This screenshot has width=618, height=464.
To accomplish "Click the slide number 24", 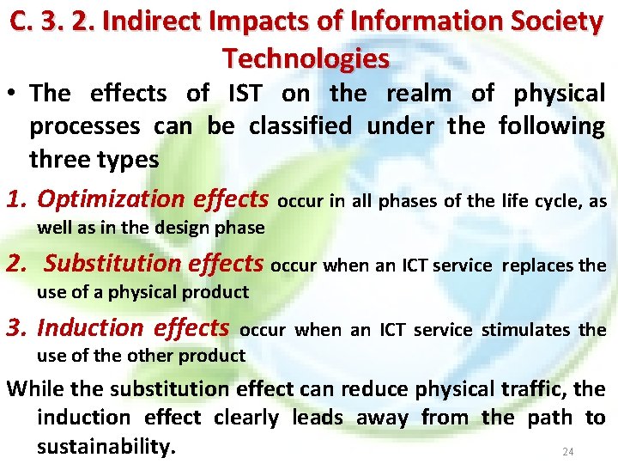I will coord(566,451).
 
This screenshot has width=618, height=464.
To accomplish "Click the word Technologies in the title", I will coord(306,58).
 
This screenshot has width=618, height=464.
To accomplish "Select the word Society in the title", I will coord(558,21).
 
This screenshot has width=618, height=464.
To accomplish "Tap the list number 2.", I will coord(17,264).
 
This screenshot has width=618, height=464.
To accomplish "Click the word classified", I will coord(300,126).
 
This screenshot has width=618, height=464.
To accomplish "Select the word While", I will coord(35,388).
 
